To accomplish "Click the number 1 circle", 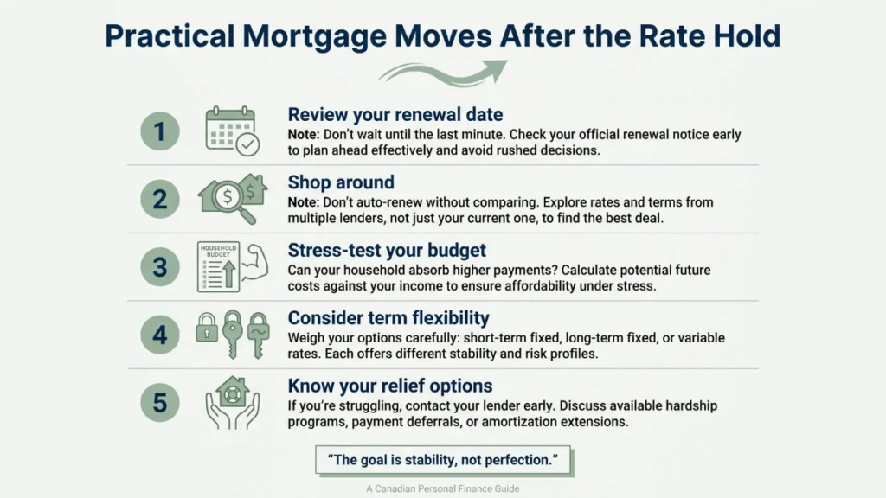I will tap(160, 132).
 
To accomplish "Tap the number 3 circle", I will tap(160, 266).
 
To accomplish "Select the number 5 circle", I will tap(160, 402).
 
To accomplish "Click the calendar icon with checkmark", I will tap(231, 132).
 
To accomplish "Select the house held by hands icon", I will tap(231, 402).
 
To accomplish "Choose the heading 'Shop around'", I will tap(341, 182).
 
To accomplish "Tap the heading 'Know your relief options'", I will tap(390, 386).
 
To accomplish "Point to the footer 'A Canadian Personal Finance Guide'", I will tap(442, 488).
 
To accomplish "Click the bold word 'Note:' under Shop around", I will tap(306, 202).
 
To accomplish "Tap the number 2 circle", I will tap(160, 200).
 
